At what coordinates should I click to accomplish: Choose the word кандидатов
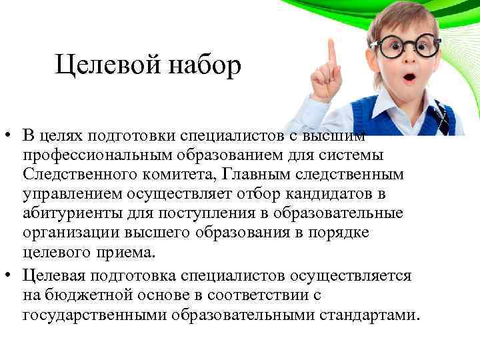point(345,193)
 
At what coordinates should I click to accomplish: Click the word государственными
point(97,315)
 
